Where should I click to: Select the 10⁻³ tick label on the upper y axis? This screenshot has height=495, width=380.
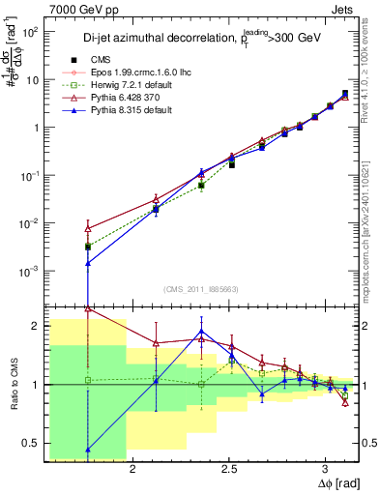click(x=30, y=271)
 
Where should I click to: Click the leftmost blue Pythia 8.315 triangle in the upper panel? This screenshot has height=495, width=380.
click(x=88, y=262)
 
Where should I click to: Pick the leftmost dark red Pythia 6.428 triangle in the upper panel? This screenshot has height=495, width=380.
click(x=88, y=228)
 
